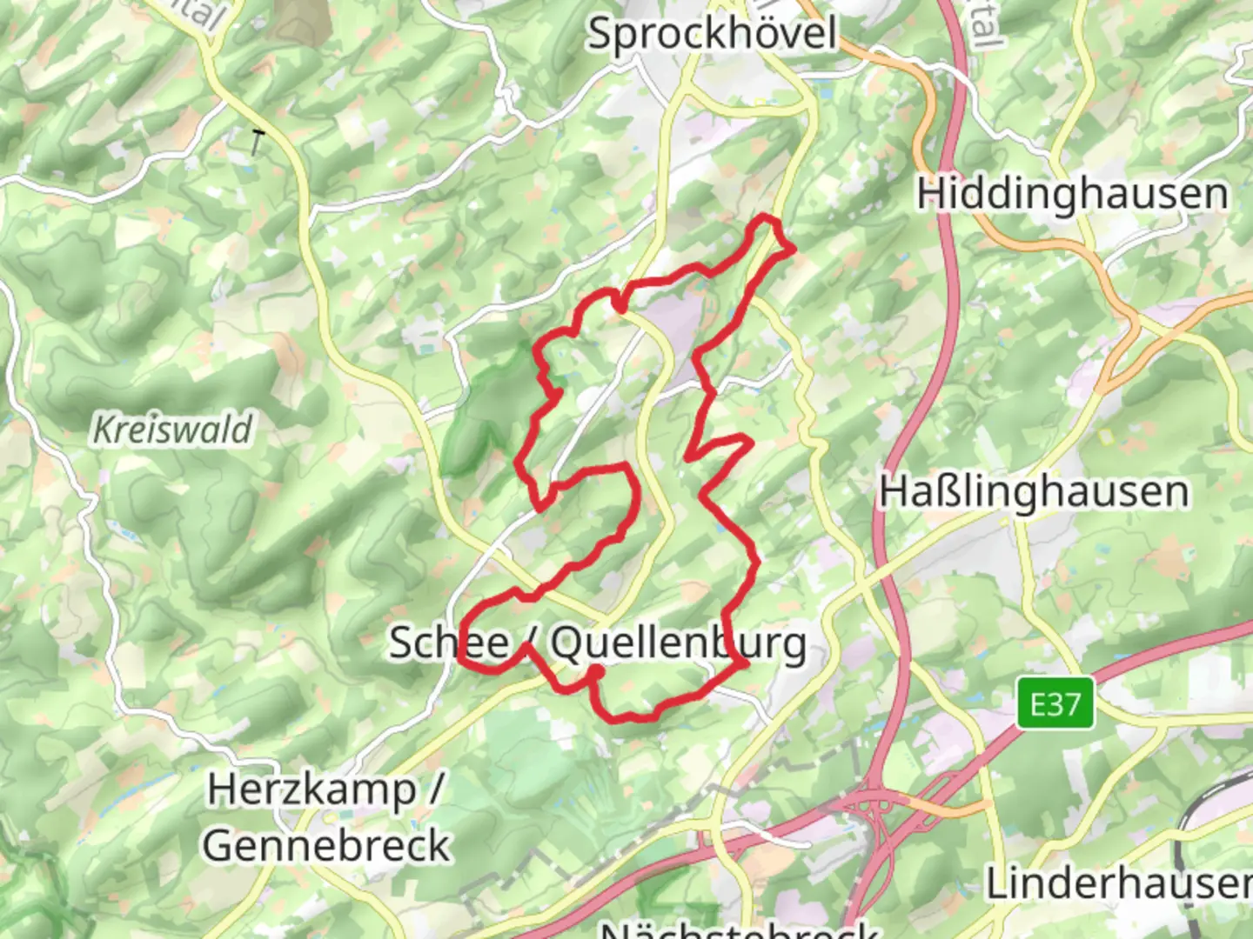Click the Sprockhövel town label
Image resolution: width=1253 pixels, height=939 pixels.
coord(712,35)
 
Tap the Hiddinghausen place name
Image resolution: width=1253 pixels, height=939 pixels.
coord(1072,194)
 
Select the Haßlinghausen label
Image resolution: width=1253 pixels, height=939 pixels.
coord(1034,492)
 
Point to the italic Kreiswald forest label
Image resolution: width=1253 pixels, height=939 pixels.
coord(172,430)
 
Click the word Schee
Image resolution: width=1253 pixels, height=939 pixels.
coord(448,643)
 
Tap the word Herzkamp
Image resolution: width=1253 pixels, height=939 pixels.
coord(312,790)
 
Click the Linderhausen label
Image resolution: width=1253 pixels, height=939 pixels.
coord(1119,884)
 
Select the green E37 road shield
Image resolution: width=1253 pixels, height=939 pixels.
coord(1055,703)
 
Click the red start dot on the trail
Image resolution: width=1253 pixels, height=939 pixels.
coord(596,671)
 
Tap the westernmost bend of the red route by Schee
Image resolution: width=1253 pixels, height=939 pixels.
coord(460,648)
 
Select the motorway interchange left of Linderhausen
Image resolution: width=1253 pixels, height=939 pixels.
coord(870,813)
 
